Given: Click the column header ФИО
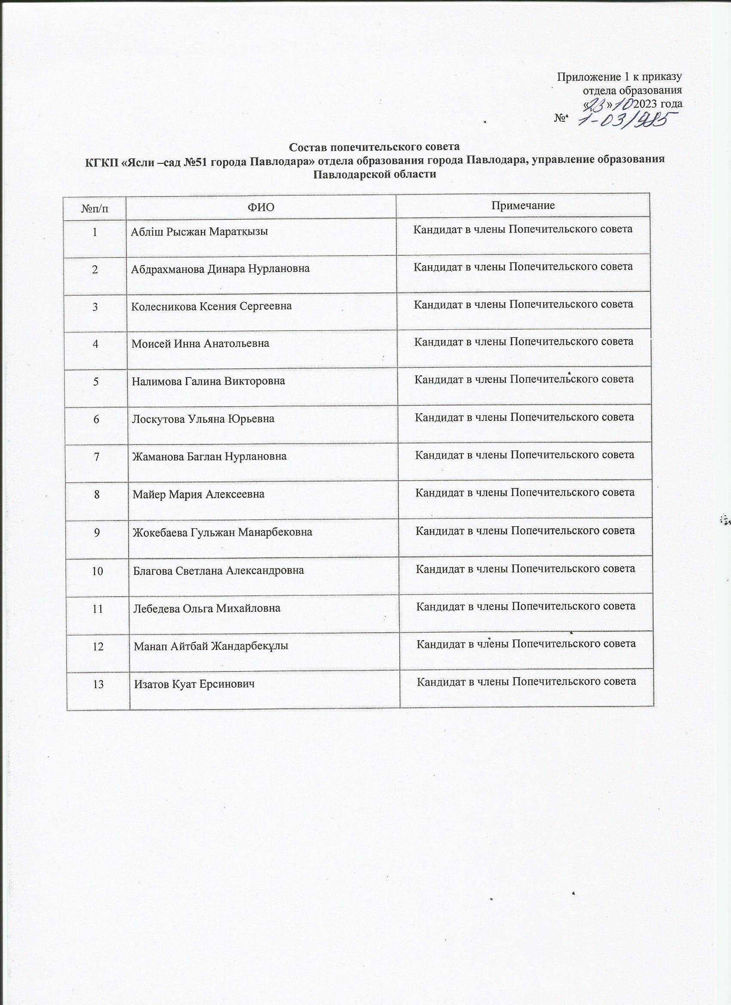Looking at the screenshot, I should tap(261, 207).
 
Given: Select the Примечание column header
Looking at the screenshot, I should tap(522, 205).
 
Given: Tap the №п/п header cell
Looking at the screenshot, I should tap(95, 207).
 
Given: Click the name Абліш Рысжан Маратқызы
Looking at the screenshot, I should tap(199, 232).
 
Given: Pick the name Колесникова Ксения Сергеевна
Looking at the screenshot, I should tap(212, 306).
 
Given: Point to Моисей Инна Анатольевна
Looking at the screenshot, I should tap(200, 343).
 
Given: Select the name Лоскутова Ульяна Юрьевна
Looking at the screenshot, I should tap(203, 419).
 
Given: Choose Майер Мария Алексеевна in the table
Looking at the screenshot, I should tap(199, 494).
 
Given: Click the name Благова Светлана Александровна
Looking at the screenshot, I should tap(218, 570).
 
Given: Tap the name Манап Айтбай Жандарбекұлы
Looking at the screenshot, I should tap(211, 646).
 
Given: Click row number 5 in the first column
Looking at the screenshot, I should tap(96, 381).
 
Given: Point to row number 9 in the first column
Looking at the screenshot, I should tap(97, 532).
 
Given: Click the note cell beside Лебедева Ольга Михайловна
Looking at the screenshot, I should tap(526, 606).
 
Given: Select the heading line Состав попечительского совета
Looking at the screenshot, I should tap(374, 147).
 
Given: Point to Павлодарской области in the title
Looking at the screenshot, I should tap(375, 174).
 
